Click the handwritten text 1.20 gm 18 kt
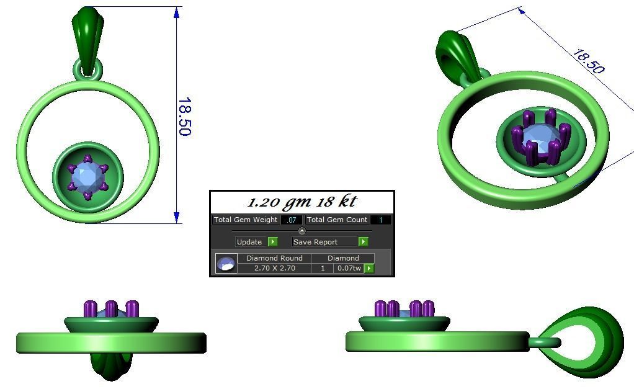point(302,202)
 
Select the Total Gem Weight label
point(245,220)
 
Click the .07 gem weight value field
point(292,220)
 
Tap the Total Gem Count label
point(337,220)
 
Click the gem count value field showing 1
point(380,220)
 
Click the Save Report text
point(316,242)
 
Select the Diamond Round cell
point(274,258)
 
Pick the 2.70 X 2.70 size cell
point(274,268)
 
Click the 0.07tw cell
point(349,268)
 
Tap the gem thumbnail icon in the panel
point(226,263)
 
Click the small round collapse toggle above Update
point(302,231)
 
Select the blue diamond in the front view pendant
point(87,177)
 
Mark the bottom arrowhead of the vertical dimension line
point(177,218)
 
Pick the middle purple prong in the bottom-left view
point(111,309)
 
